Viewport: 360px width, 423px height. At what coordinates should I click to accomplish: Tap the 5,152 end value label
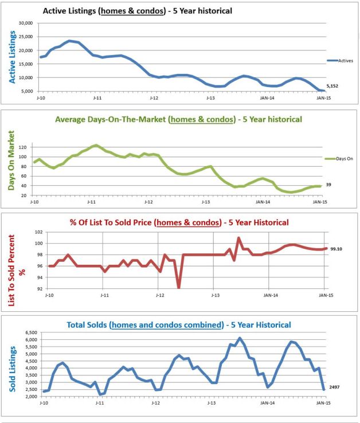pyautogui.click(x=335, y=87)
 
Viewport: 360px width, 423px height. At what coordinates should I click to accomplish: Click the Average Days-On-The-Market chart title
pyautogui.click(x=178, y=119)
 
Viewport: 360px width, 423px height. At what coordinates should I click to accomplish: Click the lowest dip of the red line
pyautogui.click(x=179, y=287)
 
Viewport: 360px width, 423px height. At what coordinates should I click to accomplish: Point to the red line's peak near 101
pyautogui.click(x=239, y=238)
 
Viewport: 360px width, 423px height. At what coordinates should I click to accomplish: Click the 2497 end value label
pyautogui.click(x=335, y=387)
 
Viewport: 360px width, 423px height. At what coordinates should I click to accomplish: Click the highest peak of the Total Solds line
pyautogui.click(x=240, y=338)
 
